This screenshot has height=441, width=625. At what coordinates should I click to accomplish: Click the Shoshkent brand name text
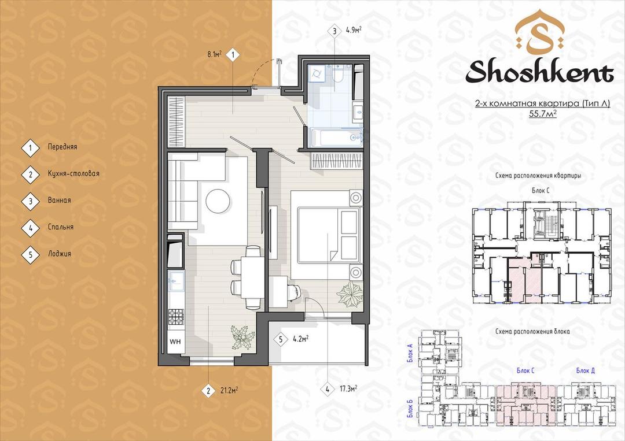[539, 72]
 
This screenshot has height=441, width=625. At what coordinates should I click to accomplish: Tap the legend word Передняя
[62, 147]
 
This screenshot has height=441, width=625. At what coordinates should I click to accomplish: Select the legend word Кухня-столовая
[73, 173]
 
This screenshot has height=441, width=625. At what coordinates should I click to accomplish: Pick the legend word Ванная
[60, 200]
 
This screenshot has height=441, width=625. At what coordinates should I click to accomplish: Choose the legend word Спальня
[61, 227]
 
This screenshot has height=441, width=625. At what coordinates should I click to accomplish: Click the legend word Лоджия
[60, 254]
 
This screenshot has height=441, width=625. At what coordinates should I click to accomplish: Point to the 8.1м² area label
[215, 54]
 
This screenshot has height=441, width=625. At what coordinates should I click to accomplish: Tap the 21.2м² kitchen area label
[229, 390]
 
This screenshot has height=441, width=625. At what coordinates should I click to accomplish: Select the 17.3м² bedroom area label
[348, 389]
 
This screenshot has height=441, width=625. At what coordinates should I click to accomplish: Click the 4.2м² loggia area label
[300, 339]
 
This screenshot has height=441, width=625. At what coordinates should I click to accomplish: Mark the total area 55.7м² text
[542, 113]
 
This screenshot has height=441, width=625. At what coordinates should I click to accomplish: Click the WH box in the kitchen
[175, 342]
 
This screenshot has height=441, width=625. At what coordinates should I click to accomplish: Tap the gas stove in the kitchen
[175, 317]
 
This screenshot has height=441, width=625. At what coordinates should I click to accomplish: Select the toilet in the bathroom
[338, 75]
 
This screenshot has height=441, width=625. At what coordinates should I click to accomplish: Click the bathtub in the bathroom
[336, 138]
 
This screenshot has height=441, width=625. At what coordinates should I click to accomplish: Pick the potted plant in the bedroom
[350, 295]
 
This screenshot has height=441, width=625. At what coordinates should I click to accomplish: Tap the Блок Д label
[586, 370]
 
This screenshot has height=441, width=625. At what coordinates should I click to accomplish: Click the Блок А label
[410, 353]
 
